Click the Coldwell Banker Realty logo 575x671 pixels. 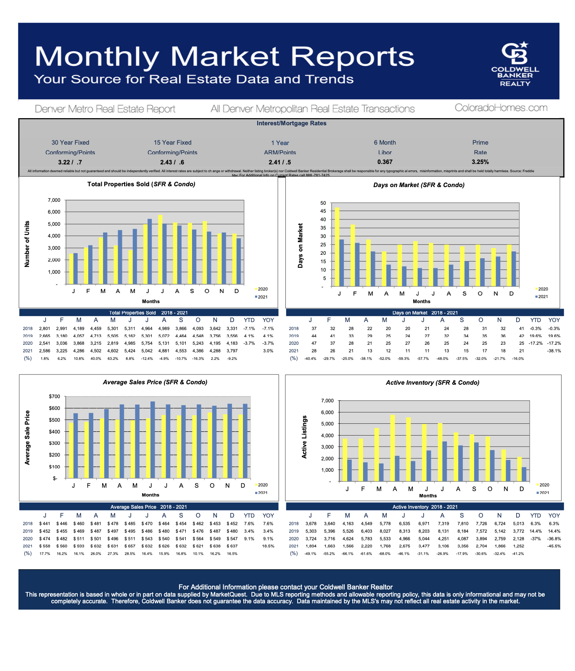pos(515,64)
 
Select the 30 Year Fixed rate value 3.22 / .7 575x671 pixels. pos(70,162)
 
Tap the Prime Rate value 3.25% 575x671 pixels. pos(480,162)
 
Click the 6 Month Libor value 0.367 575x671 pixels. pos(385,162)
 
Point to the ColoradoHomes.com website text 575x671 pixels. pos(501,108)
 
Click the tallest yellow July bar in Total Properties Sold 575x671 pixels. pos(160,250)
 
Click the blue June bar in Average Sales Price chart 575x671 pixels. pos(153,440)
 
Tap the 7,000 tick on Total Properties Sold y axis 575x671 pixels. pos(54,200)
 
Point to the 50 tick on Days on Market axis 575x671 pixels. pos(323,203)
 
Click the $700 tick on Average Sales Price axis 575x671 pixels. pos(55,396)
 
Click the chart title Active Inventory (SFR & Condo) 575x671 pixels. pos(432,383)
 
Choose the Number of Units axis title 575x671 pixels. pos(27,244)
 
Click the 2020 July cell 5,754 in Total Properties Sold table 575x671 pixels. pos(147,343)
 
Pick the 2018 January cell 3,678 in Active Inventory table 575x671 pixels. pos(311,524)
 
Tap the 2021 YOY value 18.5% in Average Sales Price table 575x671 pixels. pos(268,546)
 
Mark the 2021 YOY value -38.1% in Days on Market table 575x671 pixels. pos(554,351)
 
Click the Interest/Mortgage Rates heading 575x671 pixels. pos(291,124)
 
